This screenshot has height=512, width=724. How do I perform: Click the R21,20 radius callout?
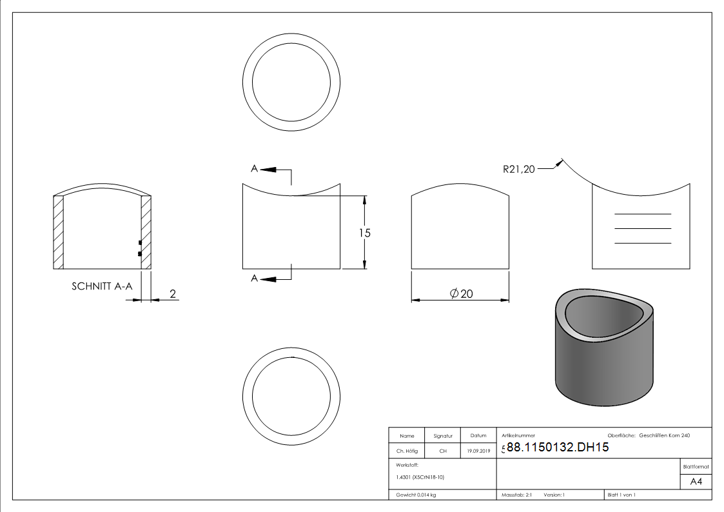coord(519,170)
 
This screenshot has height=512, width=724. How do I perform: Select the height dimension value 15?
coord(365,233)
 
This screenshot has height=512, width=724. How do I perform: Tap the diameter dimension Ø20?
coord(461,293)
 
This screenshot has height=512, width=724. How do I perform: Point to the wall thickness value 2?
coord(172,293)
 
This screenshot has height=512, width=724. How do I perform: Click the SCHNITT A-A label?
coord(102,286)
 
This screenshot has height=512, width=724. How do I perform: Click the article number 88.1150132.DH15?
coord(558,448)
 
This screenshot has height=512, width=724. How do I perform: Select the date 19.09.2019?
coord(478,451)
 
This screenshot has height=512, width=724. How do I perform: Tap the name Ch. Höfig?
coord(407,451)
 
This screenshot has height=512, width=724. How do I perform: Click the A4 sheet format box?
coord(696,482)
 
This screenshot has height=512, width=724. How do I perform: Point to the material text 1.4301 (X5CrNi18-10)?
coord(420,477)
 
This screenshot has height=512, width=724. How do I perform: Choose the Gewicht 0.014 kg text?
coord(416,495)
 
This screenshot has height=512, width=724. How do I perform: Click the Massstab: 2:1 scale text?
coord(516,495)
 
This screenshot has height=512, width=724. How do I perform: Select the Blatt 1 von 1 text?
coord(621,495)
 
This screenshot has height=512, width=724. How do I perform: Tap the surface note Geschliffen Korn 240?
coord(664,436)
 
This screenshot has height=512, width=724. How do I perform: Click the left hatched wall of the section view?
coord(59,232)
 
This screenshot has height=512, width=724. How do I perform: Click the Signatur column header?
coord(443,436)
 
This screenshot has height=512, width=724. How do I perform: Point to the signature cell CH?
coord(443,451)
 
